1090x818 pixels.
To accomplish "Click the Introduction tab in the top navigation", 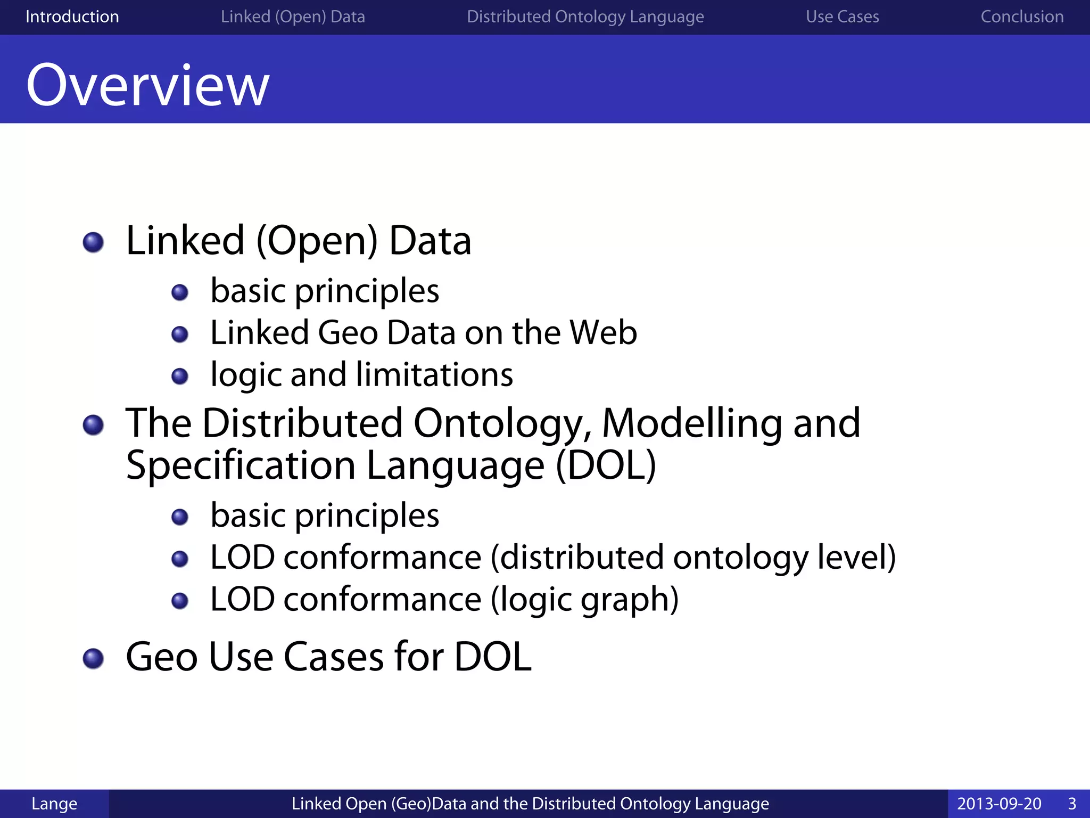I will (x=72, y=17).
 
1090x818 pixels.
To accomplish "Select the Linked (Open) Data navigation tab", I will (x=293, y=17).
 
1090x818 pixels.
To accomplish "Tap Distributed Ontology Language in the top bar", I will (x=585, y=17).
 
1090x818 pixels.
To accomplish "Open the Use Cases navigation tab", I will (x=842, y=17).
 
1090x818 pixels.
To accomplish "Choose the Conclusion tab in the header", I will (x=1022, y=17).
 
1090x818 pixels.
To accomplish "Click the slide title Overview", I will (x=148, y=85).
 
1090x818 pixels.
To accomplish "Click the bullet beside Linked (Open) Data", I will (x=94, y=242).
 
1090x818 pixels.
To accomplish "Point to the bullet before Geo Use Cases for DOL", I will (x=94, y=658).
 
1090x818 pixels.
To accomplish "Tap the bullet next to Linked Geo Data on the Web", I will (x=180, y=334).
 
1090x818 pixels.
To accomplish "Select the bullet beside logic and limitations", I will (x=180, y=377).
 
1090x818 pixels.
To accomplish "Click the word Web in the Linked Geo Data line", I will (x=603, y=333).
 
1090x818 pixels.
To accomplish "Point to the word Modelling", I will (x=692, y=423).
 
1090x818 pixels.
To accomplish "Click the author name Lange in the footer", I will (x=54, y=804).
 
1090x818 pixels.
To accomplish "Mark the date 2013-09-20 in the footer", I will (x=999, y=804).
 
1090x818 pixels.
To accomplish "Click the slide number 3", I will (x=1072, y=804).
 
